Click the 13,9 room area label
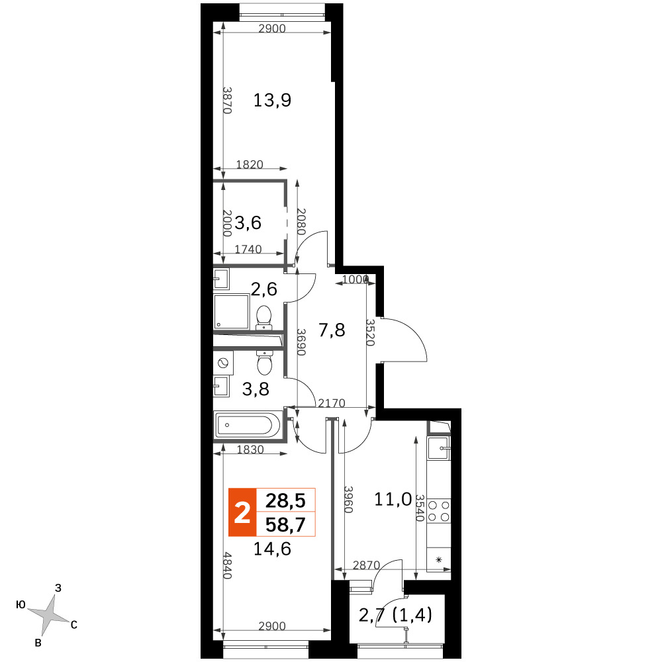(272, 101)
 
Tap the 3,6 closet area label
(248, 222)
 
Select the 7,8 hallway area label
(332, 330)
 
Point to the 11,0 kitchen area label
(393, 499)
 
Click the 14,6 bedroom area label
(272, 548)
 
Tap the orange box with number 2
(242, 512)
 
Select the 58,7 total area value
(285, 525)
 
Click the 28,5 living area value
(285, 500)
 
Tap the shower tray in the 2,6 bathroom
(231, 311)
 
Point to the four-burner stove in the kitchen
(439, 511)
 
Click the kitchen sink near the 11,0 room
(439, 448)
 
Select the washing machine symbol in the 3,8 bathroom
(223, 363)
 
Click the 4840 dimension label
(227, 565)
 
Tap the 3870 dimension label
(227, 101)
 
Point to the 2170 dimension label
(332, 404)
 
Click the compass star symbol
(48, 615)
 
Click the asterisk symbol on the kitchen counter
(439, 560)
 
